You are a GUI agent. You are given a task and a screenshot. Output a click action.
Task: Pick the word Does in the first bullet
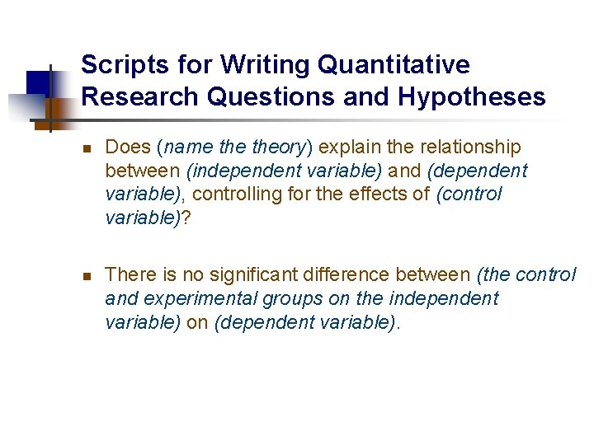point(128,148)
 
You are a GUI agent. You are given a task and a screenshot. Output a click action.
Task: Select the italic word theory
point(278,148)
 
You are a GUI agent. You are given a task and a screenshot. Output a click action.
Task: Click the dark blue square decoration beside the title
point(37,82)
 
